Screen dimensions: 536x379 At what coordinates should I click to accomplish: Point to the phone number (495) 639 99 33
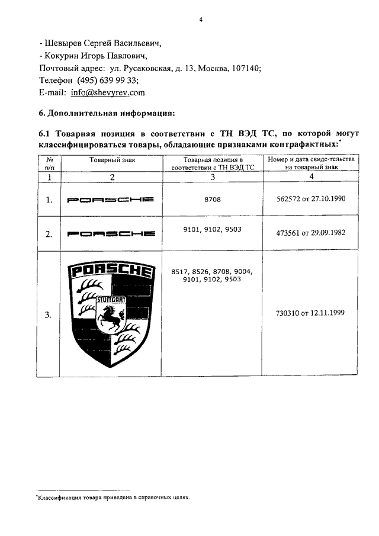point(110,81)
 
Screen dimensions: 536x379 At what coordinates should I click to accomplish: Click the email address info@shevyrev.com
point(107,93)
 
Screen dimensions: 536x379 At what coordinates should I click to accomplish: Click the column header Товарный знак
point(111,161)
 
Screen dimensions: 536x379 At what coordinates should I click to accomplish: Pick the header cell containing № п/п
point(50,164)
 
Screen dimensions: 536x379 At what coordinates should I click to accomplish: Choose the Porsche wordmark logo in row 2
point(111,234)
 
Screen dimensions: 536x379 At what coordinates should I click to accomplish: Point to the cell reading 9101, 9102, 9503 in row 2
point(214,229)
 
